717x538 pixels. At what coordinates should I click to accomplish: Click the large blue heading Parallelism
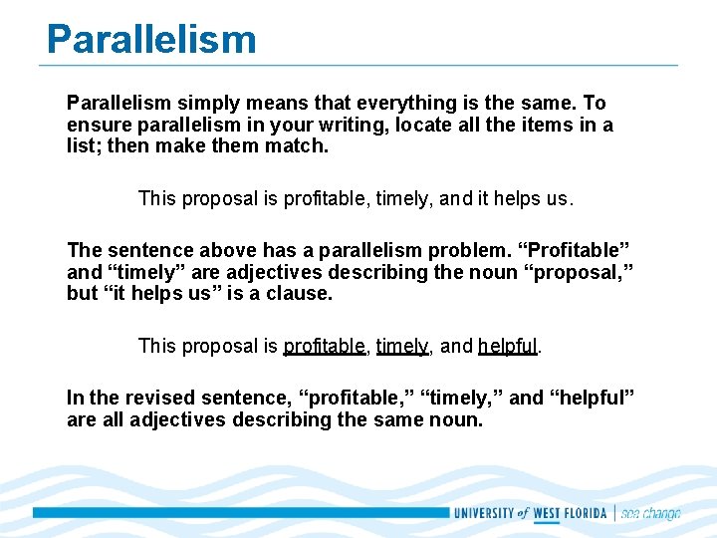click(151, 39)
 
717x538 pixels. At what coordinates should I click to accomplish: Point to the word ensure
click(97, 126)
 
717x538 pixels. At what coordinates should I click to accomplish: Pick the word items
click(551, 126)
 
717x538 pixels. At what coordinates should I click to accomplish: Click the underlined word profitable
click(325, 347)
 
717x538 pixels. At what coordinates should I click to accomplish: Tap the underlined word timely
click(402, 347)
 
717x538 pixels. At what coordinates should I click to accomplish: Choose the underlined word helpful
click(508, 347)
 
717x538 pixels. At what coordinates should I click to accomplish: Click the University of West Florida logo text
click(532, 513)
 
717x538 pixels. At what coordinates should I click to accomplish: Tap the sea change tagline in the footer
click(651, 513)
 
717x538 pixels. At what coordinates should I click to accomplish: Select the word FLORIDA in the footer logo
click(586, 513)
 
